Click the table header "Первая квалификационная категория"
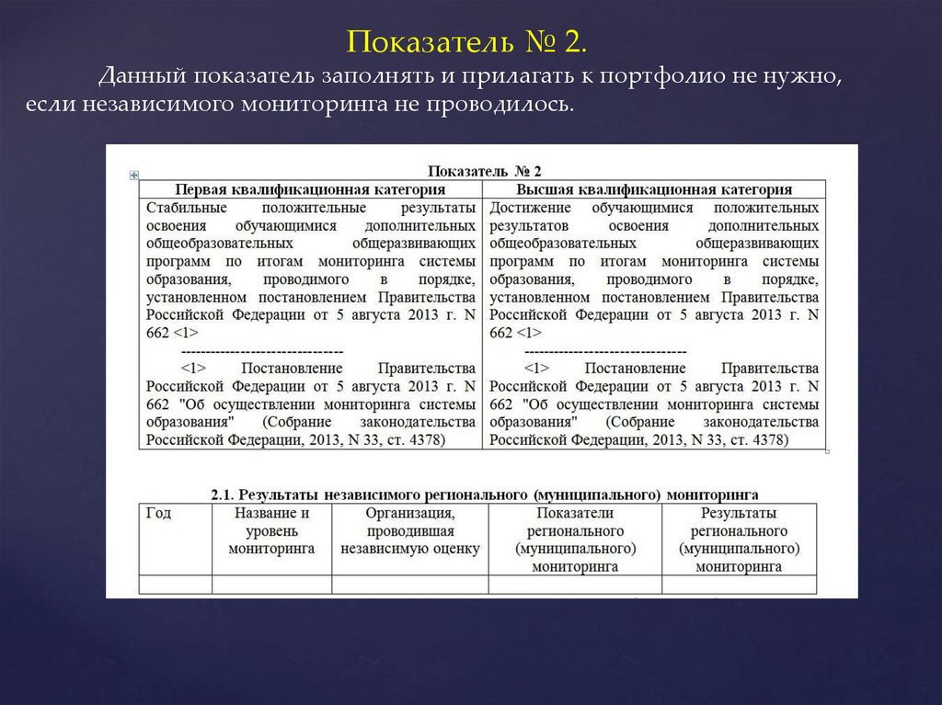click(x=310, y=189)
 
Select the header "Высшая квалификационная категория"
click(x=654, y=189)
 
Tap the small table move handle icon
click(x=134, y=174)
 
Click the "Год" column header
click(x=159, y=514)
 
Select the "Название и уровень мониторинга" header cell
click(x=271, y=530)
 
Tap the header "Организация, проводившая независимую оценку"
click(x=409, y=530)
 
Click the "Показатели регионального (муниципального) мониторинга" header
click(x=574, y=540)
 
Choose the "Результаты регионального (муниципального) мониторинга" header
click(x=739, y=540)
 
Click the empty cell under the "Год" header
click(x=175, y=585)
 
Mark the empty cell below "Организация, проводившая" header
click(x=409, y=585)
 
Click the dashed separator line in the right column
click(x=604, y=352)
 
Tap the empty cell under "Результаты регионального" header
click(x=739, y=585)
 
